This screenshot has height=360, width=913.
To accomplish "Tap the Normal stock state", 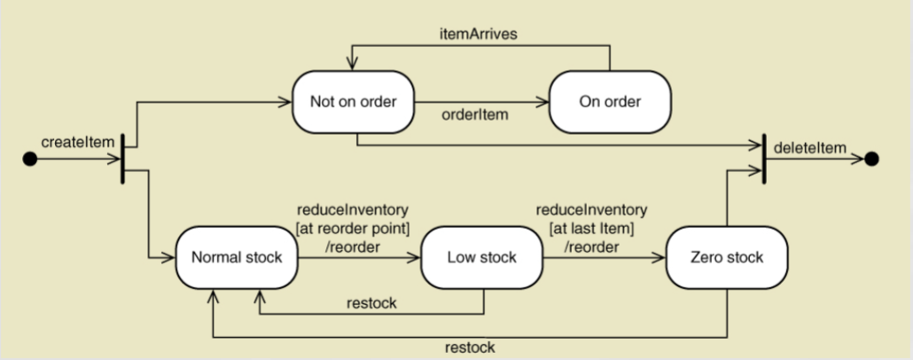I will tap(237, 258).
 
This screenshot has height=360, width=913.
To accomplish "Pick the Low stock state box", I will tap(481, 258).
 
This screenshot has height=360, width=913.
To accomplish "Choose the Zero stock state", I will tap(726, 258).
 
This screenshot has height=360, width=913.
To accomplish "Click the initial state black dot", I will tap(30, 160).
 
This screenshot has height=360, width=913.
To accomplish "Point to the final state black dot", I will tap(871, 159).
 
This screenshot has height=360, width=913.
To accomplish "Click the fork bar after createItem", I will tap(122, 159).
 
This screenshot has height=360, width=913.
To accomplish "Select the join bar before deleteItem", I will tap(763, 159).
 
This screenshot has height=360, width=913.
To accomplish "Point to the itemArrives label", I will tap(480, 32).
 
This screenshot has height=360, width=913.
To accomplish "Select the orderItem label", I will tap(474, 114).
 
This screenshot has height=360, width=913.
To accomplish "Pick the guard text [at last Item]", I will tap(591, 229).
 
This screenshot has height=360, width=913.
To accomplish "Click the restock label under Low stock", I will tap(371, 303).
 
